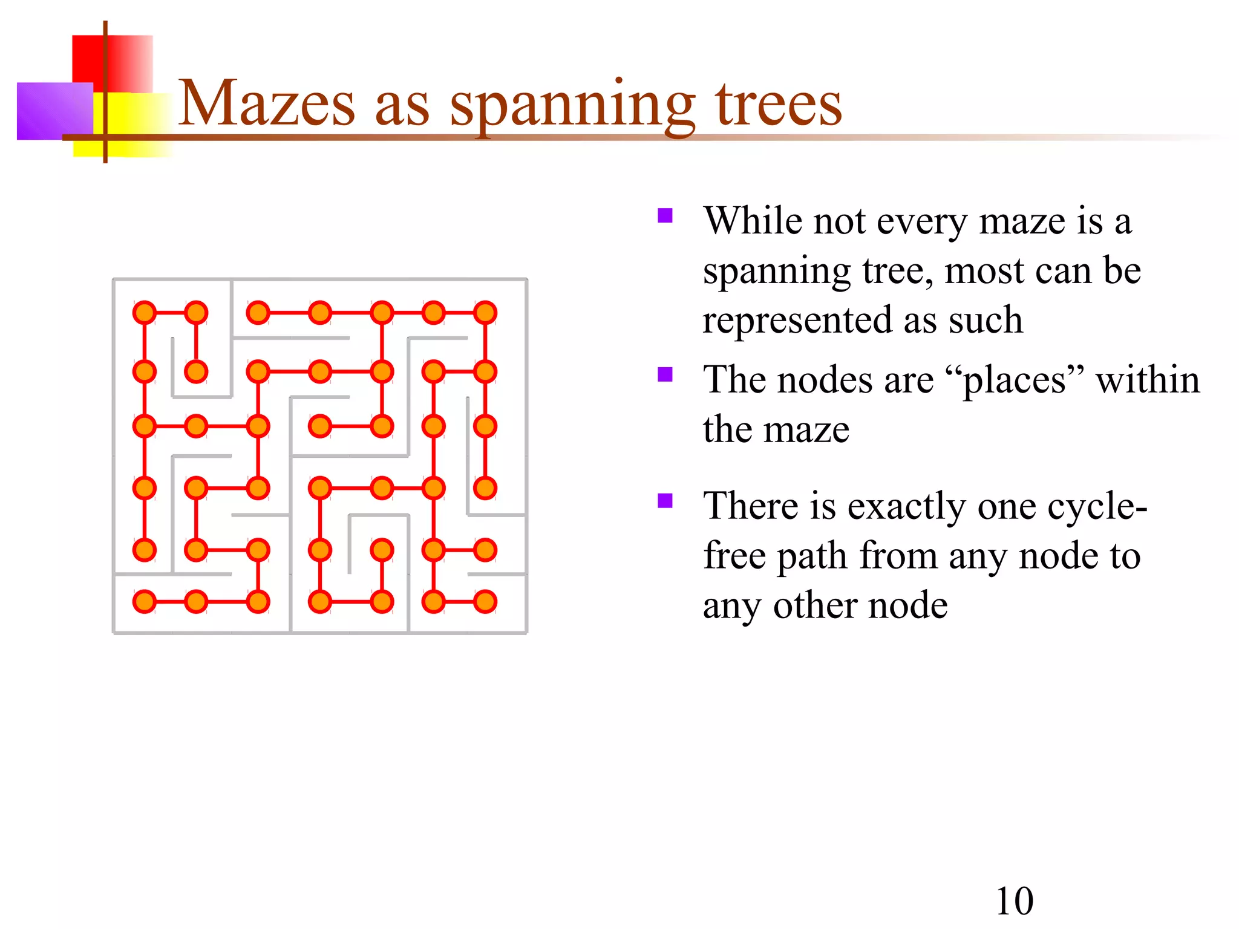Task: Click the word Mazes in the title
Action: pyautogui.click(x=267, y=103)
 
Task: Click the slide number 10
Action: pyautogui.click(x=1015, y=901)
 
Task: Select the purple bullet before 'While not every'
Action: pyautogui.click(x=665, y=216)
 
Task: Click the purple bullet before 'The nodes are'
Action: pyautogui.click(x=665, y=374)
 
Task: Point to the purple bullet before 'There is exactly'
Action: pyautogui.click(x=665, y=501)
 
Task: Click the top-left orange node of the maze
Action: pyautogui.click(x=145, y=313)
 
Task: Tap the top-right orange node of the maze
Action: pyautogui.click(x=485, y=313)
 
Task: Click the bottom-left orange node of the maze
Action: pyautogui.click(x=145, y=602)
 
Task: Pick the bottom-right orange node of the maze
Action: pyautogui.click(x=485, y=602)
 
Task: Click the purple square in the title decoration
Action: pyautogui.click(x=51, y=111)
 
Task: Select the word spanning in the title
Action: pyautogui.click(x=572, y=105)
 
